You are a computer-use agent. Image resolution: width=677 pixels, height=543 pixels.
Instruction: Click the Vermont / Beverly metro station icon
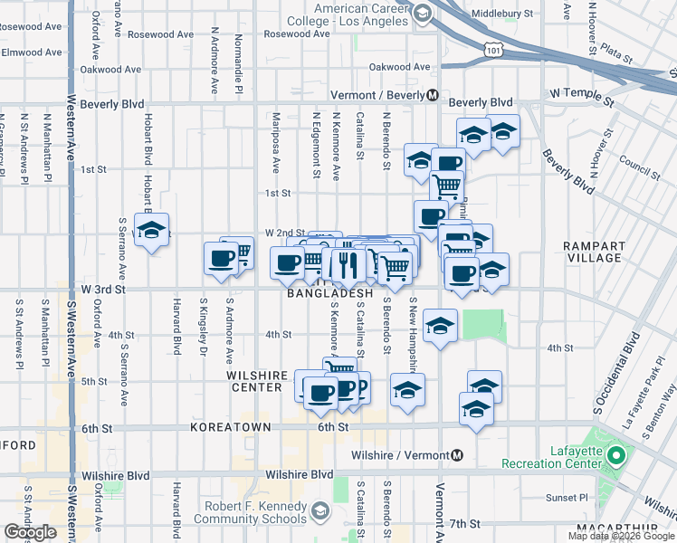(434, 95)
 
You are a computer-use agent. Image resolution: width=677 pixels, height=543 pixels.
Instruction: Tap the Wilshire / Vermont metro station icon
(458, 455)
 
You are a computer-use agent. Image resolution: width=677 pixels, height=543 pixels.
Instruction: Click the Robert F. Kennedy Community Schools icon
(319, 513)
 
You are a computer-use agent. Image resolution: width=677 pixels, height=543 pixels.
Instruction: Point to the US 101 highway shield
(493, 45)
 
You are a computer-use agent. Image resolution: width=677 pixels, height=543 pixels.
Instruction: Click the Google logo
(30, 532)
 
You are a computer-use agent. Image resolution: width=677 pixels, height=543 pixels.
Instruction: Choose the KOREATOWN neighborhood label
(223, 426)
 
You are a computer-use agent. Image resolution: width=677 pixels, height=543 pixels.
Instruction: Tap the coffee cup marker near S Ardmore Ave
(221, 260)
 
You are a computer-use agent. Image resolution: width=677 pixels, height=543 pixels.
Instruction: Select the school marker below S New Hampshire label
(440, 326)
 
